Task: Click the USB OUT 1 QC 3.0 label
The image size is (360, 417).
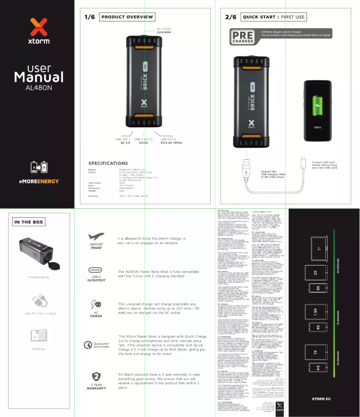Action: coord(124,141)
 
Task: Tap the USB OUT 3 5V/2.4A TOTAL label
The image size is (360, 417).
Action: coord(171,141)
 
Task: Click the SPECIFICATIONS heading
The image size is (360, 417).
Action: coord(108,163)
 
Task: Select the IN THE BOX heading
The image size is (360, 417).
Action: coord(29,222)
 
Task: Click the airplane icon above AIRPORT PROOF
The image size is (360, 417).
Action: coord(96,237)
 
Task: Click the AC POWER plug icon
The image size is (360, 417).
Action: coord(96,304)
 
